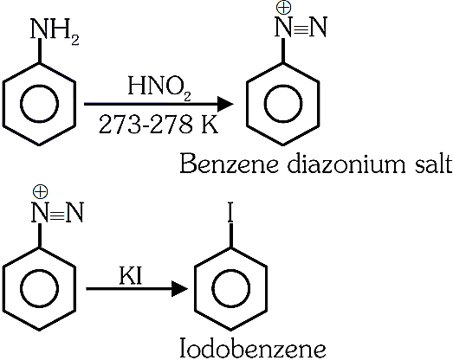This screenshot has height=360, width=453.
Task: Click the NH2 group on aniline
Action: [55, 31]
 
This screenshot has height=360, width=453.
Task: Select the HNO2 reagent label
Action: [159, 87]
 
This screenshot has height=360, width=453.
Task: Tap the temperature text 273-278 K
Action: [159, 125]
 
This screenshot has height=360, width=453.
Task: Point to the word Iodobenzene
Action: [253, 348]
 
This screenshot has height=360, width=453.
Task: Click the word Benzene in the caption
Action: [230, 164]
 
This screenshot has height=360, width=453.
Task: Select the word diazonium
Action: [346, 164]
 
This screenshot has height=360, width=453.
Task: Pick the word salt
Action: [433, 164]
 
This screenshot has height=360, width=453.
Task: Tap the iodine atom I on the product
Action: [230, 213]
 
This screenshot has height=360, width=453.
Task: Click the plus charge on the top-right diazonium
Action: [283, 7]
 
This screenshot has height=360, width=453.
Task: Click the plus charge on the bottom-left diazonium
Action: [40, 192]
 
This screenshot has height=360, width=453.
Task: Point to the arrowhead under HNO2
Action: [225, 104]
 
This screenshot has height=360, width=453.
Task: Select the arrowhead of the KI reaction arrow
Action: [179, 288]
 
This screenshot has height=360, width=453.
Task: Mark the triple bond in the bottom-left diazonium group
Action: [56, 214]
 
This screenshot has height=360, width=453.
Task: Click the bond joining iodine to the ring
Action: [230, 235]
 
